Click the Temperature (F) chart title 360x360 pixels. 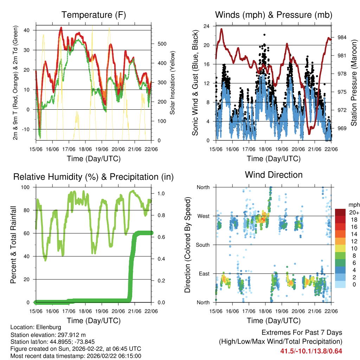tap(94, 15)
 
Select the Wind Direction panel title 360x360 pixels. tap(274, 175)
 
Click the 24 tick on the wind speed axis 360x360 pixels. tap(206, 26)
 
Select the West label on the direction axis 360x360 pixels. tap(203, 216)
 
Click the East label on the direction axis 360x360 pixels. tap(204, 274)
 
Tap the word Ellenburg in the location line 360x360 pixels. tap(49, 327)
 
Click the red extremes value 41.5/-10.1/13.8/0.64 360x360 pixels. tap(311, 351)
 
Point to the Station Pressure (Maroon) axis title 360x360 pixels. tap(354, 83)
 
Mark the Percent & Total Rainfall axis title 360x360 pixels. tap(13, 245)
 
